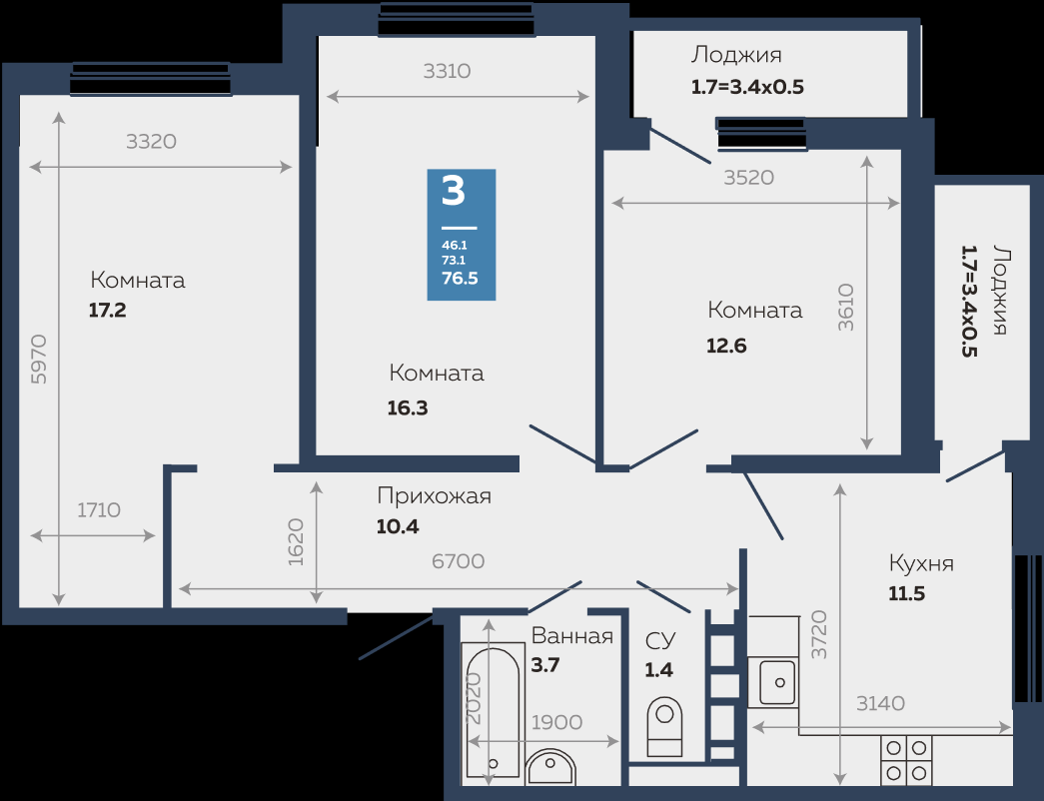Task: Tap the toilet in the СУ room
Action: click(x=664, y=726)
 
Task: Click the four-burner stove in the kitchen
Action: click(x=906, y=760)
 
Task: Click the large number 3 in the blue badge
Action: click(x=454, y=191)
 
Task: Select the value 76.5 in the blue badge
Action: click(x=461, y=279)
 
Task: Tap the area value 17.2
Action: click(x=108, y=311)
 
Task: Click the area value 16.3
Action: click(x=408, y=408)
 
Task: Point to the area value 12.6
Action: click(x=726, y=346)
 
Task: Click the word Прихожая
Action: click(x=435, y=496)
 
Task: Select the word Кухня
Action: click(x=921, y=564)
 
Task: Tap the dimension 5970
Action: click(x=39, y=359)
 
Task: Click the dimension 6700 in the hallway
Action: click(x=459, y=561)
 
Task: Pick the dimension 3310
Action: click(x=447, y=71)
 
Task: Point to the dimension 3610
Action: click(x=845, y=308)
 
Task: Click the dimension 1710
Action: click(x=99, y=510)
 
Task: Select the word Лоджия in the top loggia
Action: click(x=736, y=55)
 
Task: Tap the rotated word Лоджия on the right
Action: click(x=999, y=291)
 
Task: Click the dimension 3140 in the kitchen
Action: click(x=880, y=703)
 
